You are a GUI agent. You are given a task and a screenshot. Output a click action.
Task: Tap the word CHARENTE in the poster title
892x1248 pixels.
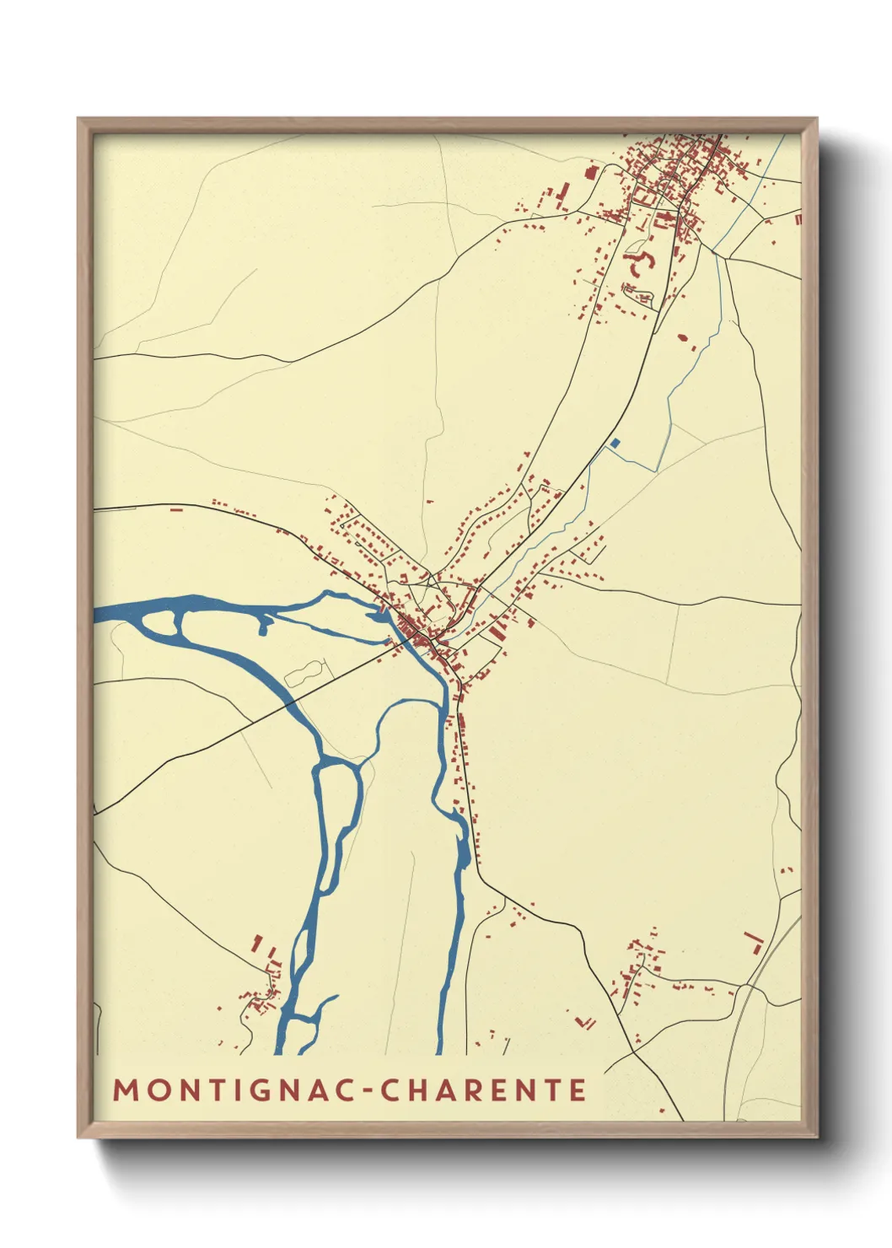click(483, 1089)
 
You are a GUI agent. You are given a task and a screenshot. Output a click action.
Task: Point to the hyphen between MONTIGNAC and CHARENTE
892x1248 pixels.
click(368, 1090)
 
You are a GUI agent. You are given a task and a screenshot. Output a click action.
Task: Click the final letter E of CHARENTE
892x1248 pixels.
click(578, 1089)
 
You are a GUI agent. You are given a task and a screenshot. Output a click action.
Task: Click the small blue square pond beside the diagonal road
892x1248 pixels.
click(615, 443)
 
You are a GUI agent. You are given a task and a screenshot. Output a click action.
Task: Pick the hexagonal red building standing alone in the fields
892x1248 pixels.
click(683, 338)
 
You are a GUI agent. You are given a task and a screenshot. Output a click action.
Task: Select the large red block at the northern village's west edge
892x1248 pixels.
click(589, 172)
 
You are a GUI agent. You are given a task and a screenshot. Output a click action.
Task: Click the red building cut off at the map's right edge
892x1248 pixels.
click(798, 218)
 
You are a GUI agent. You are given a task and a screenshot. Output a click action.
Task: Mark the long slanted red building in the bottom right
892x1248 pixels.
click(753, 938)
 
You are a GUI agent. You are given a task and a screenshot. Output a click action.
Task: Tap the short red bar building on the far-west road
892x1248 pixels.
click(176, 508)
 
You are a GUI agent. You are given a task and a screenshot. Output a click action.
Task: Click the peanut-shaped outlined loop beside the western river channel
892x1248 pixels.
click(304, 672)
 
